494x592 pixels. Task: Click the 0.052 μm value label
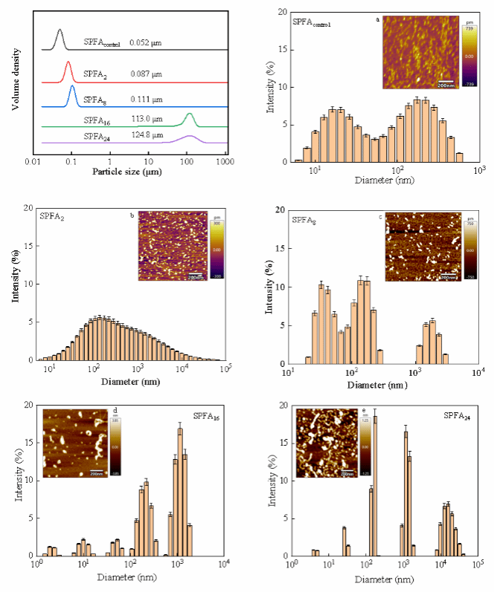pyautogui.click(x=145, y=44)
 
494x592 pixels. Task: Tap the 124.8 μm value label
pyautogui.click(x=144, y=136)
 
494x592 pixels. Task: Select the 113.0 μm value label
pyautogui.click(x=144, y=118)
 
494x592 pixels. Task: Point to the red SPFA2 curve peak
pyautogui.click(x=68, y=63)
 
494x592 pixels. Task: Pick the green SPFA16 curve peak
pyautogui.click(x=190, y=114)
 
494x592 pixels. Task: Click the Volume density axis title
pyautogui.click(x=15, y=78)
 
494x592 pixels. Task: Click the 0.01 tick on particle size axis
pyautogui.click(x=32, y=161)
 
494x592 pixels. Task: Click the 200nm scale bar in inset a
pyautogui.click(x=445, y=83)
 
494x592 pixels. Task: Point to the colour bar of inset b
pyautogui.click(x=211, y=249)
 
